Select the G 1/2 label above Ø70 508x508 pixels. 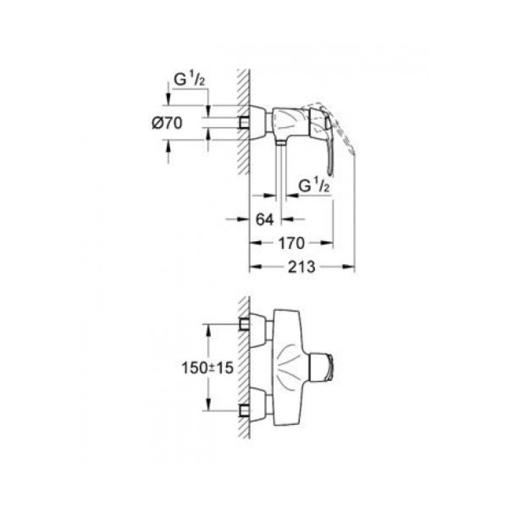189,80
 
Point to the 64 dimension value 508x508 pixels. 264,219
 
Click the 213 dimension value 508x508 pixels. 302,267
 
